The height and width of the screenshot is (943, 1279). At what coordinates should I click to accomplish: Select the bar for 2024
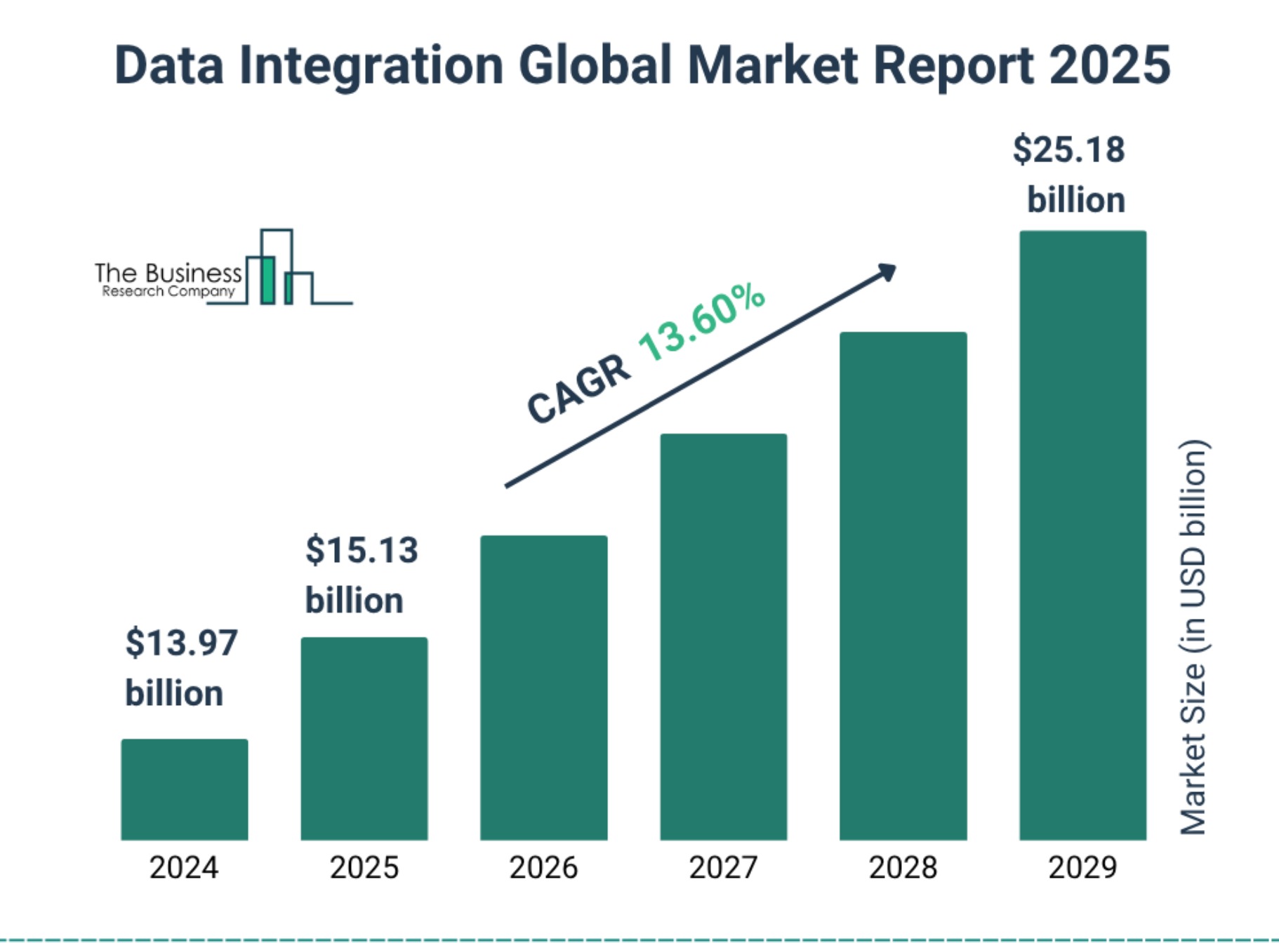click(x=185, y=789)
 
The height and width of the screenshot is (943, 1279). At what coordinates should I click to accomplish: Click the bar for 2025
click(x=364, y=739)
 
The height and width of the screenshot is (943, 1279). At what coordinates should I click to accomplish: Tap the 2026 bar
click(x=544, y=688)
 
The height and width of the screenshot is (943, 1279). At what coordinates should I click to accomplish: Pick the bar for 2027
click(x=724, y=637)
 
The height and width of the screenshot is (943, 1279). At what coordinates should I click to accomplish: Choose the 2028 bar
click(x=903, y=586)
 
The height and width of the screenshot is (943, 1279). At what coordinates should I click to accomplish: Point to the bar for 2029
click(x=1083, y=535)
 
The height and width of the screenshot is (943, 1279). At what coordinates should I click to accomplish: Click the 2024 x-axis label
click(x=184, y=868)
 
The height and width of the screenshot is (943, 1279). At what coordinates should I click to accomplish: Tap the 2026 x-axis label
click(x=544, y=868)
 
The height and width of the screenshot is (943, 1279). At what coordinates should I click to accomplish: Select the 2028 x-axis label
click(x=903, y=868)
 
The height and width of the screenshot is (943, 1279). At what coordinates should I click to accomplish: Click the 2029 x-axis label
click(x=1083, y=868)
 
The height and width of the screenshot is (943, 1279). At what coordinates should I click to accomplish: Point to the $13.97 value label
click(x=181, y=643)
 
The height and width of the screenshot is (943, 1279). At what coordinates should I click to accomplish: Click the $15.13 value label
click(x=362, y=549)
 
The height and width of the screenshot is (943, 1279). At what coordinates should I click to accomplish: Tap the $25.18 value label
click(x=1068, y=149)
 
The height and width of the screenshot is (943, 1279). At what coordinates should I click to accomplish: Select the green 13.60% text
click(x=701, y=322)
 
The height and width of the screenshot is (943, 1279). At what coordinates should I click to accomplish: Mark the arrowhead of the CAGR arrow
click(x=888, y=272)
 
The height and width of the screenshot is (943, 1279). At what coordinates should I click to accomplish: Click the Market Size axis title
click(x=1193, y=637)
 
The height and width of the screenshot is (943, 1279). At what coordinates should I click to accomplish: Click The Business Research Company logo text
click(x=168, y=280)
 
